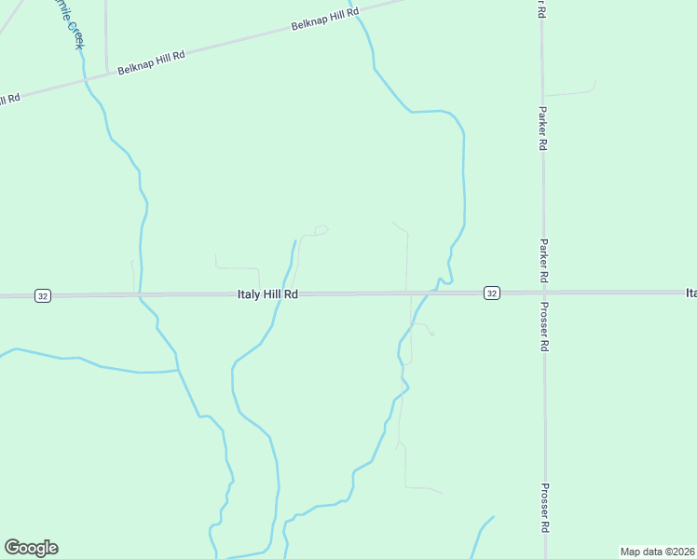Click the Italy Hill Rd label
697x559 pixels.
point(267,294)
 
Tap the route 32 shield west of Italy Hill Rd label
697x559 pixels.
point(42,295)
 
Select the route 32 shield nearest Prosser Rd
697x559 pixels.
point(492,293)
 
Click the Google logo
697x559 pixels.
point(31,547)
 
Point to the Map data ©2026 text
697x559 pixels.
point(657,552)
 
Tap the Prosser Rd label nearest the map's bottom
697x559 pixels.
point(543,508)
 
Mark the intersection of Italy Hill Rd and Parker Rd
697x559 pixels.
point(543,293)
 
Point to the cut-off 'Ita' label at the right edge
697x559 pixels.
point(690,293)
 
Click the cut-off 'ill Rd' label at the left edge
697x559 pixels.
point(9,99)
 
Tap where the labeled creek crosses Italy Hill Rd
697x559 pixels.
point(140,296)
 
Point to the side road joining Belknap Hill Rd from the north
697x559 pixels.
point(106,37)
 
